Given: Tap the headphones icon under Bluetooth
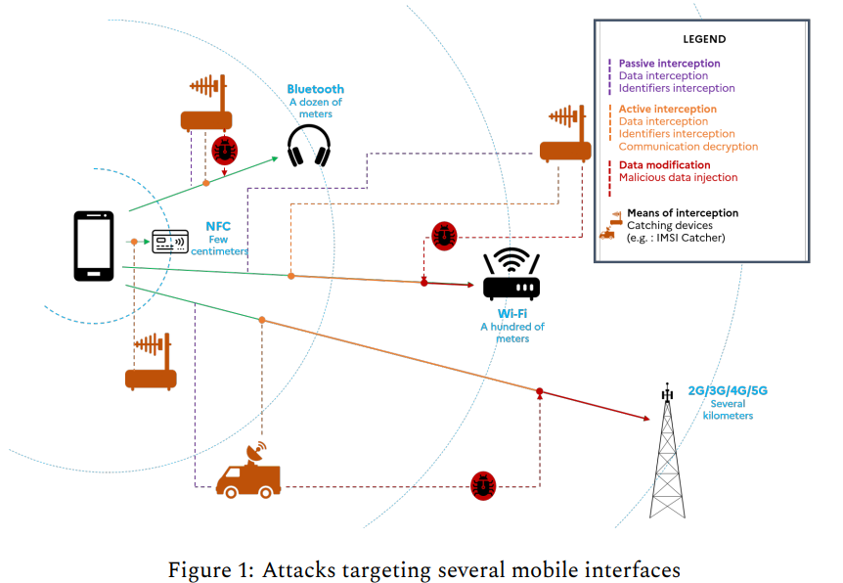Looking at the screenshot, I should [309, 145].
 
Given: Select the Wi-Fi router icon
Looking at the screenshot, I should [511, 275].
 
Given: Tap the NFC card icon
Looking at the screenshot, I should [169, 241].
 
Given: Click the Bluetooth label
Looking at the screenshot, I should [315, 89].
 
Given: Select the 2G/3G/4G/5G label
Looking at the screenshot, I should [728, 390].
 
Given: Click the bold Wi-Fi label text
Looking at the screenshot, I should [511, 314].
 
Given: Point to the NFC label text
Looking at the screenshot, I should [217, 226].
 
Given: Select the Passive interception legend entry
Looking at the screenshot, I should [669, 64].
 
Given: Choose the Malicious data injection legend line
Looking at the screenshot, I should [678, 177].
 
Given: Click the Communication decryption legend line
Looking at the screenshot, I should [688, 146].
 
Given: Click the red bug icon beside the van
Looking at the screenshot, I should [482, 485].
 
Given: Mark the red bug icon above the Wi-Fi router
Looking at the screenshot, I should [445, 236].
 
